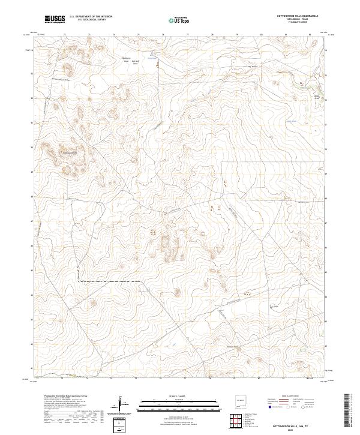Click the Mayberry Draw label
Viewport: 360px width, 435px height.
[126, 60]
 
